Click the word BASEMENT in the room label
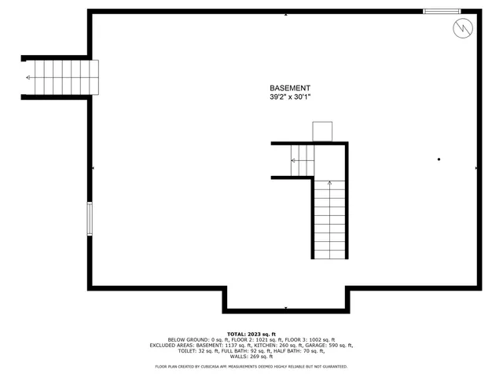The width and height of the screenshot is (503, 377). (290, 88)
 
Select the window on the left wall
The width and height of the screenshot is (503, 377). (90, 218)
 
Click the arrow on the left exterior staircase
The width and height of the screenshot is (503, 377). (30, 77)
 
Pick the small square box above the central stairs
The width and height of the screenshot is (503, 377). (323, 131)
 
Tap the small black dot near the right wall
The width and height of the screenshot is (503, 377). (439, 159)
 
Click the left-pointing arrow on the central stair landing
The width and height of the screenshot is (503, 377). (296, 161)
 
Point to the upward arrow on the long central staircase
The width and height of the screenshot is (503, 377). (329, 184)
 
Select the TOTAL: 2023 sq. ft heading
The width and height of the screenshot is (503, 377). (251, 333)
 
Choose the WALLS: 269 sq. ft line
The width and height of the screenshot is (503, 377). (251, 356)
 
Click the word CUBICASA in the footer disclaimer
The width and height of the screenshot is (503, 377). (207, 366)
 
